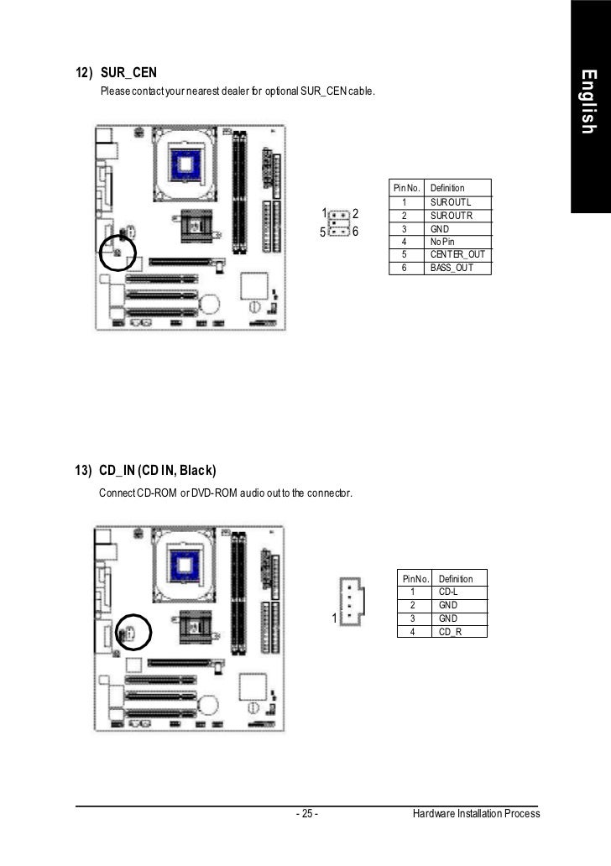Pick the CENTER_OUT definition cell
click(x=457, y=254)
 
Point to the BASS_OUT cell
click(x=452, y=267)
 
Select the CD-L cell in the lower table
click(x=447, y=592)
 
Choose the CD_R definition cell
click(x=450, y=631)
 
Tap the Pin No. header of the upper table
click(x=406, y=188)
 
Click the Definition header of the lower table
click(x=455, y=579)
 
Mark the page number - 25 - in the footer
click(x=305, y=815)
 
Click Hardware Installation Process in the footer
click(x=476, y=815)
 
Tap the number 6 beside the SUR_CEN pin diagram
click(x=356, y=232)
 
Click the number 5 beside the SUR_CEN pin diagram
click(x=321, y=232)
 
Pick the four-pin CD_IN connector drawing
click(x=351, y=600)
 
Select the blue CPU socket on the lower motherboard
click(x=187, y=556)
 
